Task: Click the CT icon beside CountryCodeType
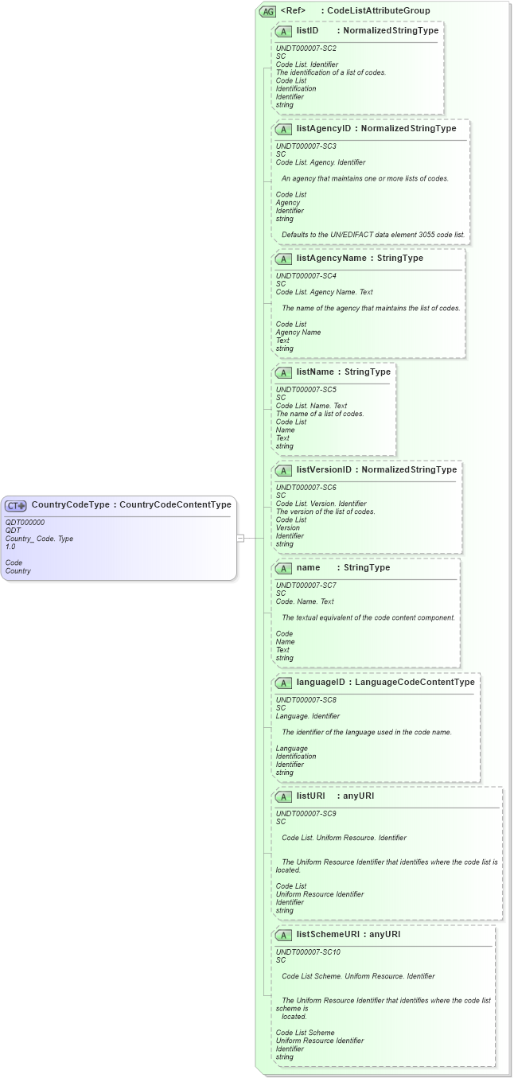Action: (x=16, y=505)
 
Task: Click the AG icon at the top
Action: (x=267, y=11)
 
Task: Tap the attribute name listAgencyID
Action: (x=324, y=128)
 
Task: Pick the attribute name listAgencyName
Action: (x=331, y=258)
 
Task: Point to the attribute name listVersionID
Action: (x=324, y=469)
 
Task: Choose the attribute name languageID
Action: (x=321, y=682)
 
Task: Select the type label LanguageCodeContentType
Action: (x=415, y=682)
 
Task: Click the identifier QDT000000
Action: (x=25, y=522)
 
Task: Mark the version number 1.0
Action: (x=10, y=547)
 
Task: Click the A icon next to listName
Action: (x=283, y=372)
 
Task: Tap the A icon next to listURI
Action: (x=283, y=796)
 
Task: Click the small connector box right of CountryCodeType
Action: (x=240, y=538)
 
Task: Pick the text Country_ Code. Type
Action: (x=39, y=539)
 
